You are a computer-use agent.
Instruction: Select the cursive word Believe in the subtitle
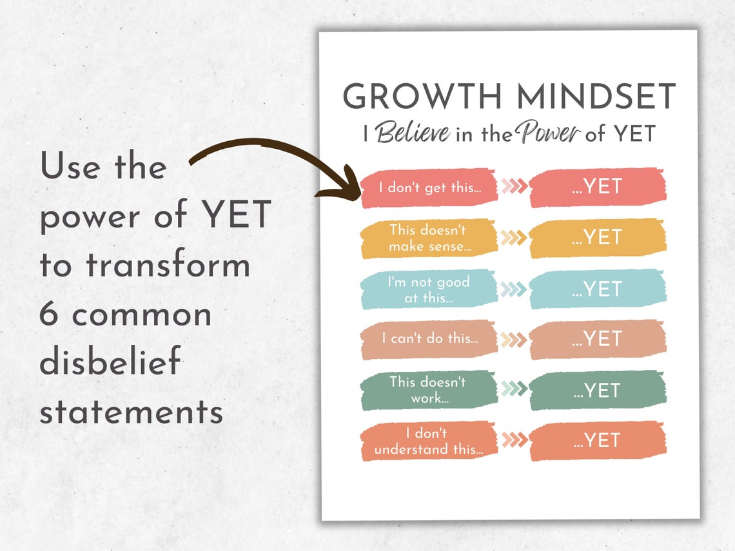pos(413,133)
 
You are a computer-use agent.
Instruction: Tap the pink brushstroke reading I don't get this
pos(429,188)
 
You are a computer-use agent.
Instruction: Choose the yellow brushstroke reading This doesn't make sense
pos(429,238)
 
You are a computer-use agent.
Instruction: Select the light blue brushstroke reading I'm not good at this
pos(429,289)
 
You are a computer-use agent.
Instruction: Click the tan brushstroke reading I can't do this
pos(429,339)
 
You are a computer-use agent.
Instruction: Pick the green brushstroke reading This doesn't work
pos(429,390)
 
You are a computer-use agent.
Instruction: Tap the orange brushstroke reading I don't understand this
pos(429,441)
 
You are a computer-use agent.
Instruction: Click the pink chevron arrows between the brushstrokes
pos(514,187)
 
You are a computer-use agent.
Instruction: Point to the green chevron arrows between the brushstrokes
pos(514,389)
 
